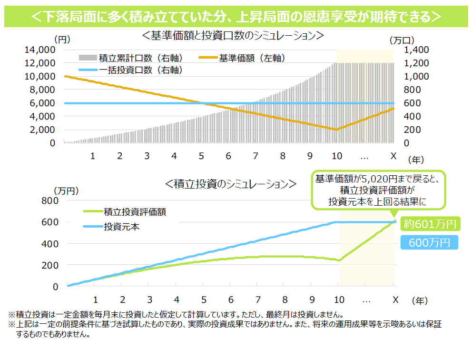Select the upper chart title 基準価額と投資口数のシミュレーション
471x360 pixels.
[x=233, y=35]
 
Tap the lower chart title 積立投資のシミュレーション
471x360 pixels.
[x=230, y=183]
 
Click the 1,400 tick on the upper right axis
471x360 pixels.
[x=417, y=50]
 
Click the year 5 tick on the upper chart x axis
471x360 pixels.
[x=201, y=156]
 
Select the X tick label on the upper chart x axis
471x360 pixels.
[x=393, y=156]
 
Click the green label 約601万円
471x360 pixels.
[x=430, y=223]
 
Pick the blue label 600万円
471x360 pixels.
[x=429, y=242]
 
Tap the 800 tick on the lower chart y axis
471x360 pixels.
[x=49, y=200]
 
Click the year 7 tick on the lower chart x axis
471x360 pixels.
[x=257, y=300]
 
